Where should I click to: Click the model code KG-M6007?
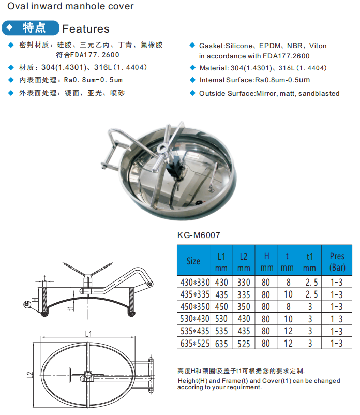pos(199,235)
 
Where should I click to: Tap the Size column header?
pos(193,261)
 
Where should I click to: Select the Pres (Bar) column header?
pos(337,261)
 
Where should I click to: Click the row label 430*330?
pos(193,283)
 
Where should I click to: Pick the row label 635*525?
pos(193,344)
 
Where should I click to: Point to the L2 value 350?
pos(244,307)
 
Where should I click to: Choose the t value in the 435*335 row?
pos(288,295)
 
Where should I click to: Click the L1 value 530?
pos(221,319)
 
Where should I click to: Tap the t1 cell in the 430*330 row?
pos(310,283)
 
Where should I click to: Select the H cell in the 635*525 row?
pos(266,344)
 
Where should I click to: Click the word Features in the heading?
pos(86,29)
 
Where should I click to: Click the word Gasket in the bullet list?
pos(212,46)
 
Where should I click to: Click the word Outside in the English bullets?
pos(214,94)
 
